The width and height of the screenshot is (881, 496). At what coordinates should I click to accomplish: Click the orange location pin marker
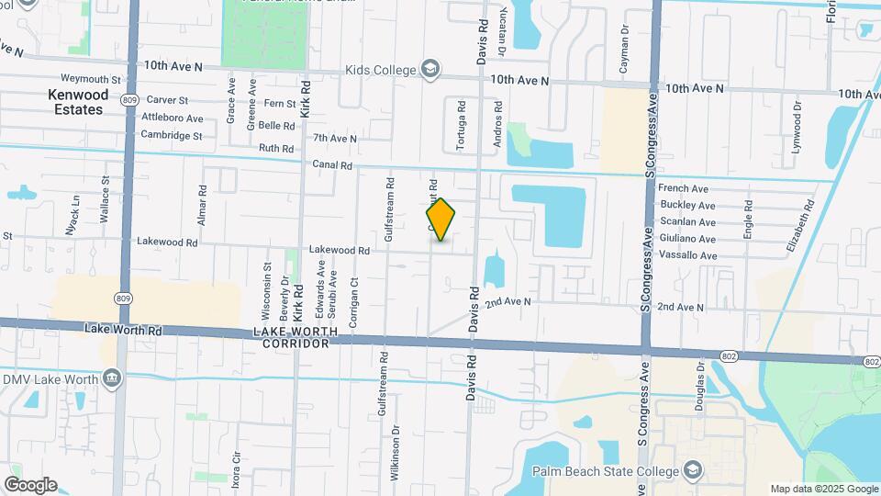(441, 219)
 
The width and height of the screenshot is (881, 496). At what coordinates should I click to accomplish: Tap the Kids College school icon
(429, 69)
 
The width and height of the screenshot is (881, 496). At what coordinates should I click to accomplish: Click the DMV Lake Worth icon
(112, 378)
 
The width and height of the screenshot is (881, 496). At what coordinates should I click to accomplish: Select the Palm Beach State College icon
(693, 471)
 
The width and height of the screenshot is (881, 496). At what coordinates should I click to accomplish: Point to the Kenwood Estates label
(77, 102)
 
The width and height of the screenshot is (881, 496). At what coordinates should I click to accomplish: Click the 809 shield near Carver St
(128, 99)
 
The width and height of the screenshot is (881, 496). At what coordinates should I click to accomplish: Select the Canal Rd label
(332, 165)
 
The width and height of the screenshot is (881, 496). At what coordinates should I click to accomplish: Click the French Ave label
(684, 188)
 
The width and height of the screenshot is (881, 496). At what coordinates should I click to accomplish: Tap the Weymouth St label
(91, 80)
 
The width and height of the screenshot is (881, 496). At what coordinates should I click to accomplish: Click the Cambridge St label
(171, 135)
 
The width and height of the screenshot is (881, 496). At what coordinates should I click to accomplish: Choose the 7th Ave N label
(334, 138)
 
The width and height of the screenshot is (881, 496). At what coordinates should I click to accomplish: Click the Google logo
(30, 484)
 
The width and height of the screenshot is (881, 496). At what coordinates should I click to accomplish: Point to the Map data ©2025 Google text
(823, 489)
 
